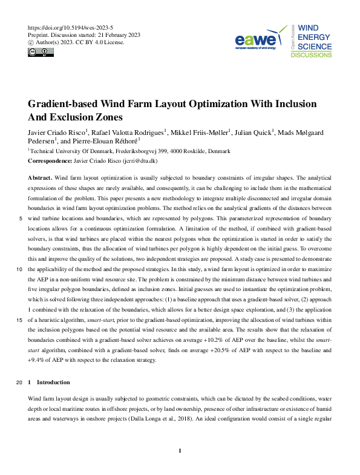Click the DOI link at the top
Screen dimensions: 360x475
tap(71, 28)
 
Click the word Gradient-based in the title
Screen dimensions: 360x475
tap(66, 104)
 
